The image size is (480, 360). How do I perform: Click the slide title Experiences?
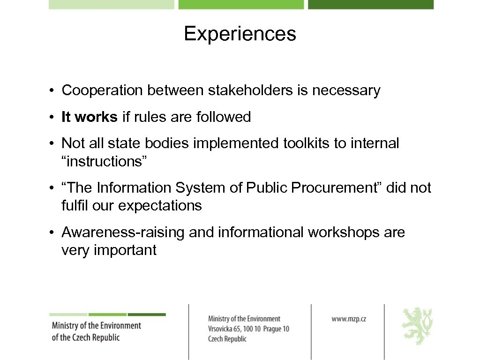point(240,34)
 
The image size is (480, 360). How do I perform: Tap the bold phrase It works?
point(89,117)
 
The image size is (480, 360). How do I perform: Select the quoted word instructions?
point(105,161)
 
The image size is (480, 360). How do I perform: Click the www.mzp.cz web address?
point(349,319)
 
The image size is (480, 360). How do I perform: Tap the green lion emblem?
point(417,326)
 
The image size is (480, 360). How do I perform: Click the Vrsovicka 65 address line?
point(248,329)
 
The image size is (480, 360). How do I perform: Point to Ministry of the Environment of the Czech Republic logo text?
point(96,331)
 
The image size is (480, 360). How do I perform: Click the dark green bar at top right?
point(370,4)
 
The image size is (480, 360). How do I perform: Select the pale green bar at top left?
point(111,4)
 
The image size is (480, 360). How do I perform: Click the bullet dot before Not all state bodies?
point(55,143)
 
